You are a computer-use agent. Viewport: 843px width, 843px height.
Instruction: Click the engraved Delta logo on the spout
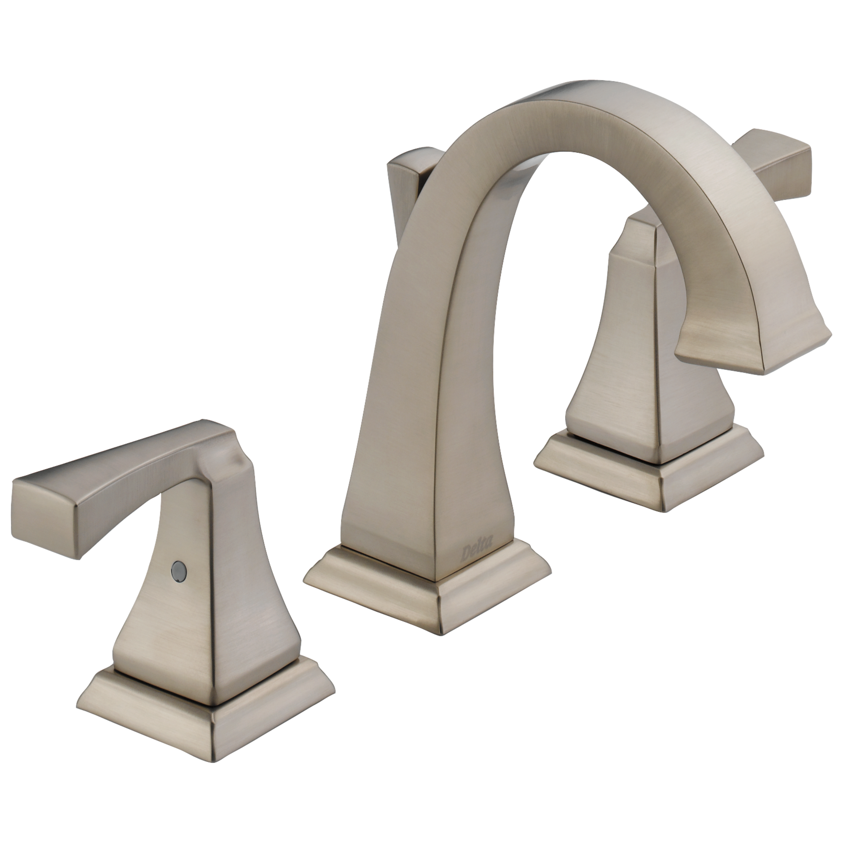coord(477,553)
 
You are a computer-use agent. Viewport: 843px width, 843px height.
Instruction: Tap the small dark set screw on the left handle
coord(177,569)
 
